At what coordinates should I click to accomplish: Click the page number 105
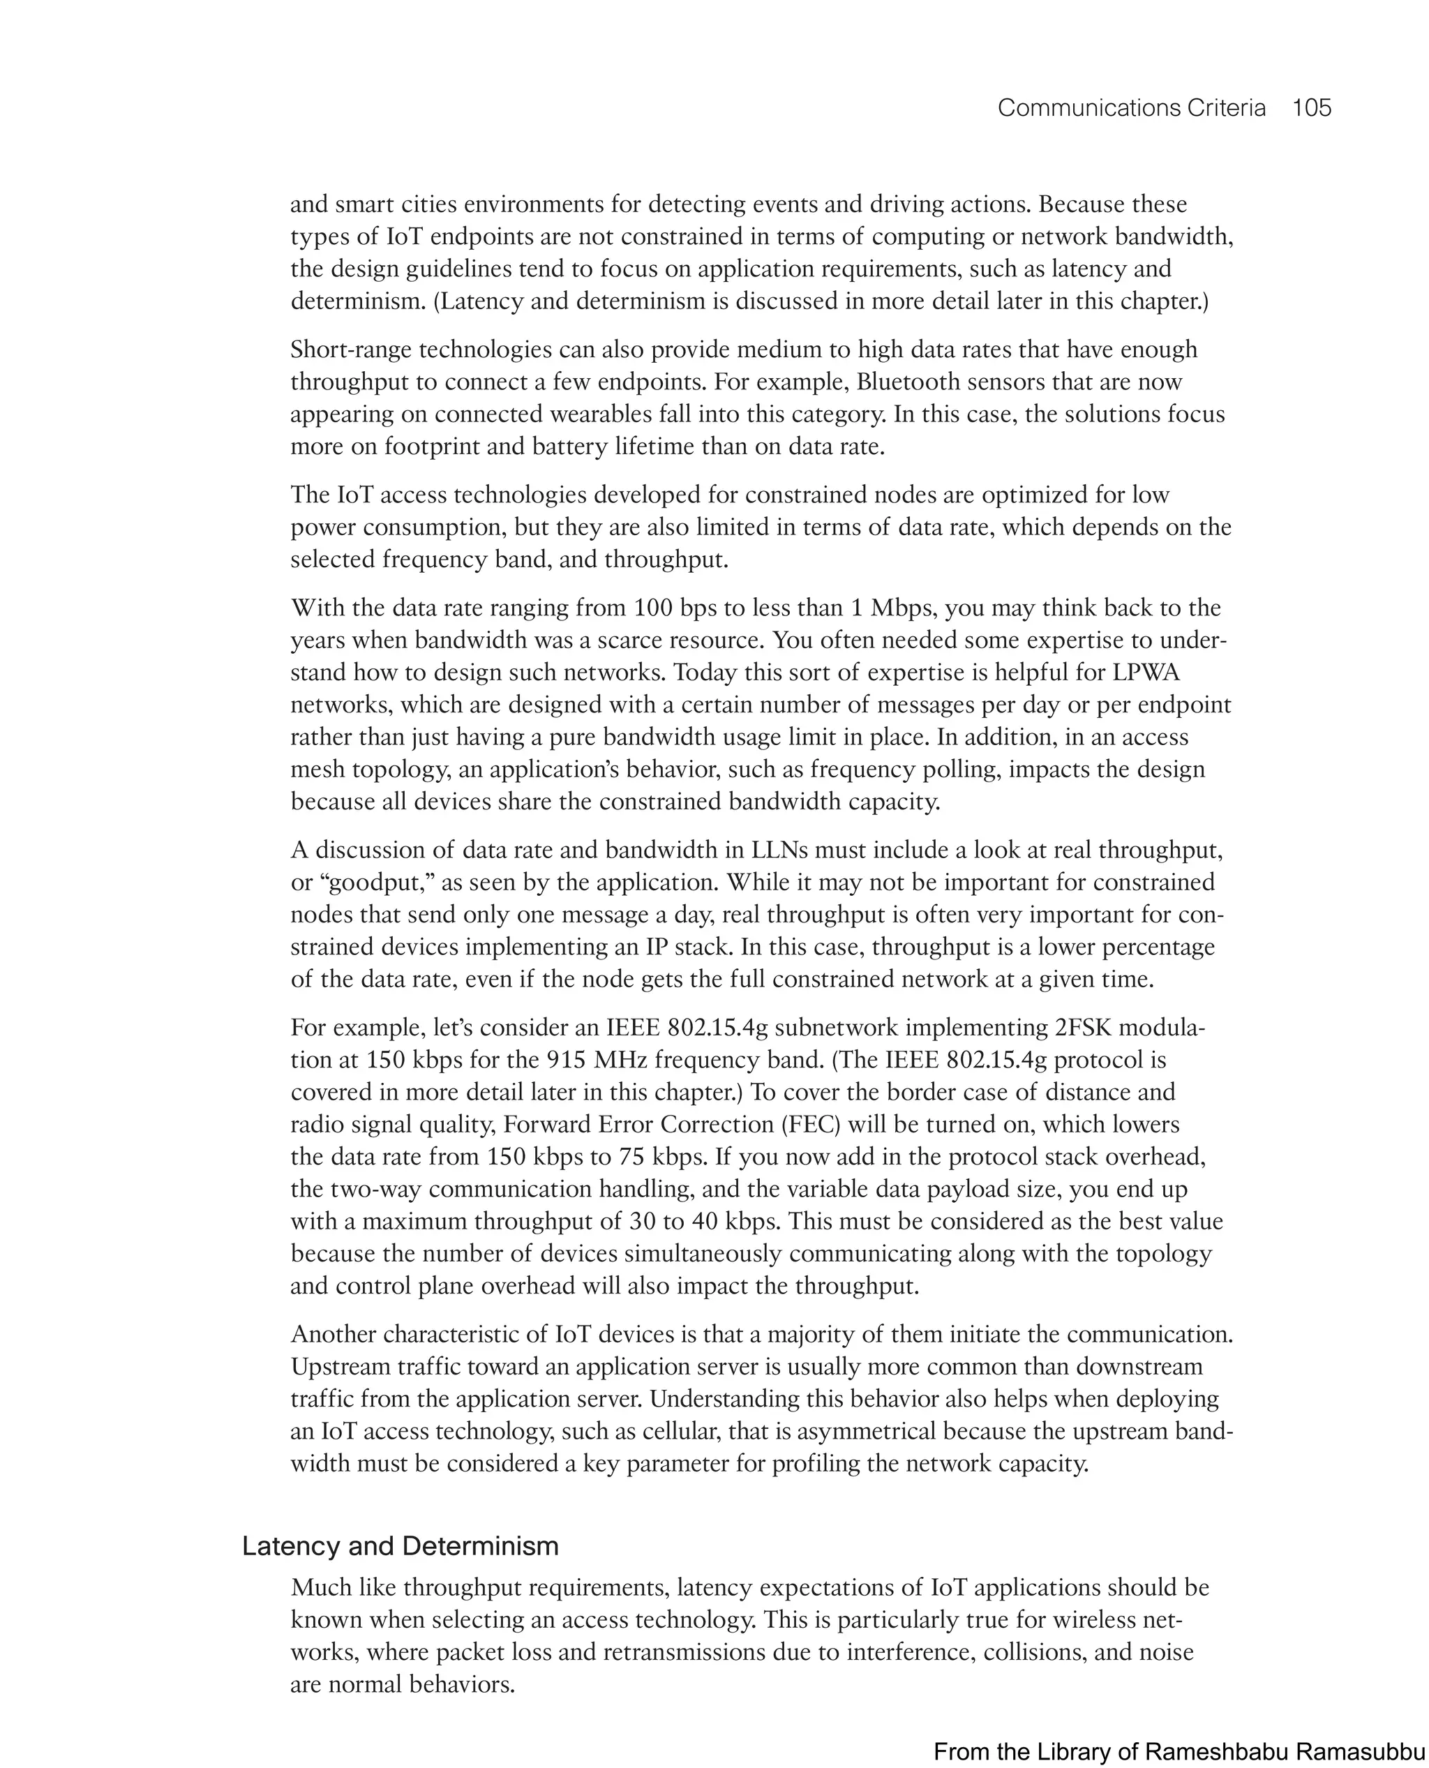(1311, 108)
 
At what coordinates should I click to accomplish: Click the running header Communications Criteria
(1131, 108)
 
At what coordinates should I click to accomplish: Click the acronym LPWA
(1146, 673)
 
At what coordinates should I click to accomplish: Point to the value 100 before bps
(654, 608)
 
